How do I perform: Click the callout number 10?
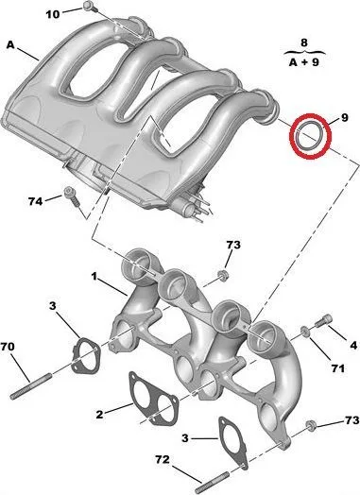[x=53, y=14]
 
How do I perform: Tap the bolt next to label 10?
[x=90, y=6]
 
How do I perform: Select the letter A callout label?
[x=10, y=45]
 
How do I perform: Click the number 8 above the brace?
[x=304, y=43]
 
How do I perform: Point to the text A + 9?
[x=304, y=62]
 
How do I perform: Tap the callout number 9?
[x=344, y=117]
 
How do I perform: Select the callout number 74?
[x=35, y=201]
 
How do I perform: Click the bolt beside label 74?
[x=72, y=196]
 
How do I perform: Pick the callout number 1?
[x=94, y=277]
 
